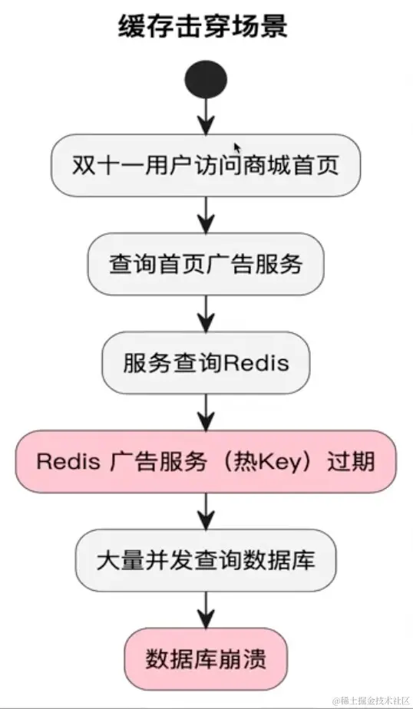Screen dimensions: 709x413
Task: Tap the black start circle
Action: pos(205,78)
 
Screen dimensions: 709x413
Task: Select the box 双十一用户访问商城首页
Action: pos(205,166)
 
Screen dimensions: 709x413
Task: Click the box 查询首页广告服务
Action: pos(205,264)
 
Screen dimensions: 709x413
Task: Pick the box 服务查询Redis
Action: pos(205,361)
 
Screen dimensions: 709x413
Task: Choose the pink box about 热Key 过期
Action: pos(205,461)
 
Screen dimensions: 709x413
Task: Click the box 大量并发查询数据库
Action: pos(205,559)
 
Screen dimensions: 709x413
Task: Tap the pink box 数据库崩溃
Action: pos(205,658)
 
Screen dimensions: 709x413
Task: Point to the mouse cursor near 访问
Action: pos(237,147)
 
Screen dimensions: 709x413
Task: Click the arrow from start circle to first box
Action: pos(205,115)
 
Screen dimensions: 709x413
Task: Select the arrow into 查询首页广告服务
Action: pos(205,215)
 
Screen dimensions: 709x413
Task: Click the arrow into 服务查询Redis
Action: pos(205,313)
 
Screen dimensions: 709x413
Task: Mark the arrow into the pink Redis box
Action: pos(205,411)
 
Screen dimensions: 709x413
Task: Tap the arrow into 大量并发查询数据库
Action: pos(205,510)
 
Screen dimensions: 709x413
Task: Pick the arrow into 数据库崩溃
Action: pos(205,609)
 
